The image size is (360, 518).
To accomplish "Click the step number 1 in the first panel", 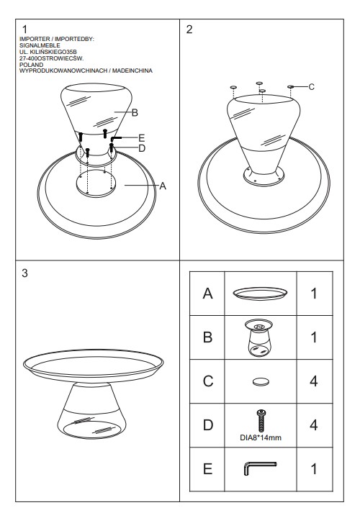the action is point(24,29).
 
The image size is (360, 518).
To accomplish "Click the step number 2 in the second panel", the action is point(189,29).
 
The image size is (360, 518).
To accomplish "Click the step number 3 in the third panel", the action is point(24,273).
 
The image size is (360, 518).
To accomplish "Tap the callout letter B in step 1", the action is point(135,113).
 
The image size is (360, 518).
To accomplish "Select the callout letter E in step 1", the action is point(142,137).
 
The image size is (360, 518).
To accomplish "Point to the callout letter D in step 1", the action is point(142,148).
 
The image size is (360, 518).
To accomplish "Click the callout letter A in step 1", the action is point(163,186).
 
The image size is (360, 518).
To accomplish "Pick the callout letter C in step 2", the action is point(312,87).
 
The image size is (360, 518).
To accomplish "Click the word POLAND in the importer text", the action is point(32,65).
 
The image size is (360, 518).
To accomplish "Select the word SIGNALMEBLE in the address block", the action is point(40,45).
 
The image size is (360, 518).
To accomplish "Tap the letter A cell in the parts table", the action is point(207,294).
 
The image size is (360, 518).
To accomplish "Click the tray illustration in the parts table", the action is point(260,294).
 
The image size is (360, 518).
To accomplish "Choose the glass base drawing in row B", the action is point(259,337).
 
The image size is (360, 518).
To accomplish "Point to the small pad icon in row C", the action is point(261,381).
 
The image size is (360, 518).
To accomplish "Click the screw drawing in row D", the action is point(261,420).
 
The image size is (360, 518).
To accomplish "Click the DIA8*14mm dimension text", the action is point(261,437).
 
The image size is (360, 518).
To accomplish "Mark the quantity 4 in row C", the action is point(314,381).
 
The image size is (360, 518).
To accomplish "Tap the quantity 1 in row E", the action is point(314,469).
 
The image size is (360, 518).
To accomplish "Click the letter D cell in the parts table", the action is point(207,425).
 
